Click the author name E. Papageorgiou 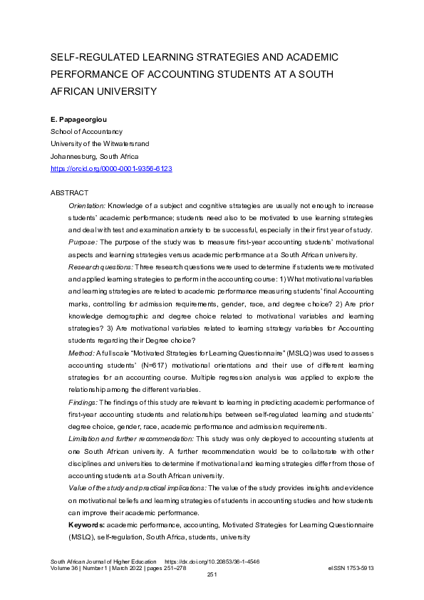79,119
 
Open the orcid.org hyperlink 111,168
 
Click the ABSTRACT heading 69,193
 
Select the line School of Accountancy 86,131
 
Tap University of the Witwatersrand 99,143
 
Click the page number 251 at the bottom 212,574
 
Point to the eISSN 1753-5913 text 351,568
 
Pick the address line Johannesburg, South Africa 94,156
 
